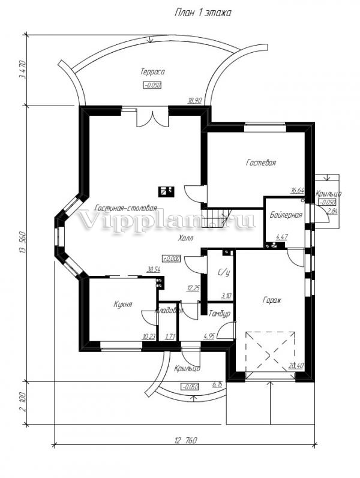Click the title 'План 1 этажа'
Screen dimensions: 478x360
[203, 12]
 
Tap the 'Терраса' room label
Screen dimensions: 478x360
[152, 72]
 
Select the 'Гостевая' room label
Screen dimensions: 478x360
[261, 163]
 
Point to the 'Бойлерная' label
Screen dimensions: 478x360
[286, 214]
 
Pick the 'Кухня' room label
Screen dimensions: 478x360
[122, 305]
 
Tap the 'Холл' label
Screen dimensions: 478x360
[185, 238]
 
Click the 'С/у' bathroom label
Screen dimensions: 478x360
[224, 273]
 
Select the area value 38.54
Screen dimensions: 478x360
[154, 270]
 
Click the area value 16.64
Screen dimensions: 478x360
[297, 191]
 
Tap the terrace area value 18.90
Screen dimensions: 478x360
[194, 101]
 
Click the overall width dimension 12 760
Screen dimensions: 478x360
[186, 441]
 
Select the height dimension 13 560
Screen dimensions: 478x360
[23, 243]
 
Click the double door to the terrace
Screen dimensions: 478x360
[149, 118]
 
